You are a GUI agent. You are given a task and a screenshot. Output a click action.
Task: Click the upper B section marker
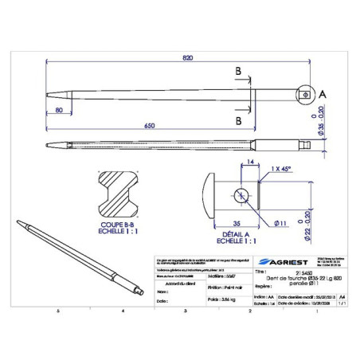click(238, 72)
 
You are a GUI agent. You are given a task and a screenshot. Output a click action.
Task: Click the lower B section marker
click(238, 121)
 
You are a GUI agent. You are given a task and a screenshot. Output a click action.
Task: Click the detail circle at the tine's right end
click(306, 96)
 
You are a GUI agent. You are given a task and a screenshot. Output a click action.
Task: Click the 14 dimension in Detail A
click(251, 162)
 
